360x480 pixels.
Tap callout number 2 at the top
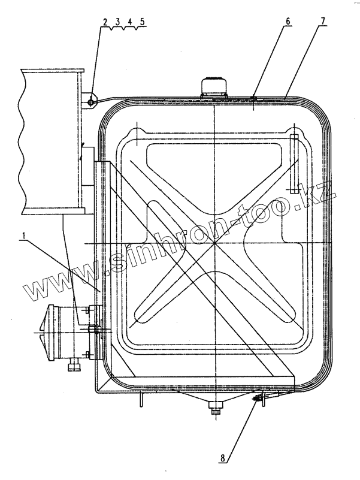(105, 22)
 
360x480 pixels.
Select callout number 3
(118, 22)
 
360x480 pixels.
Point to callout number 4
(130, 22)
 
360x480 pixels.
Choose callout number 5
(142, 22)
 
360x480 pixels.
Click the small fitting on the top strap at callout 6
(254, 98)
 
